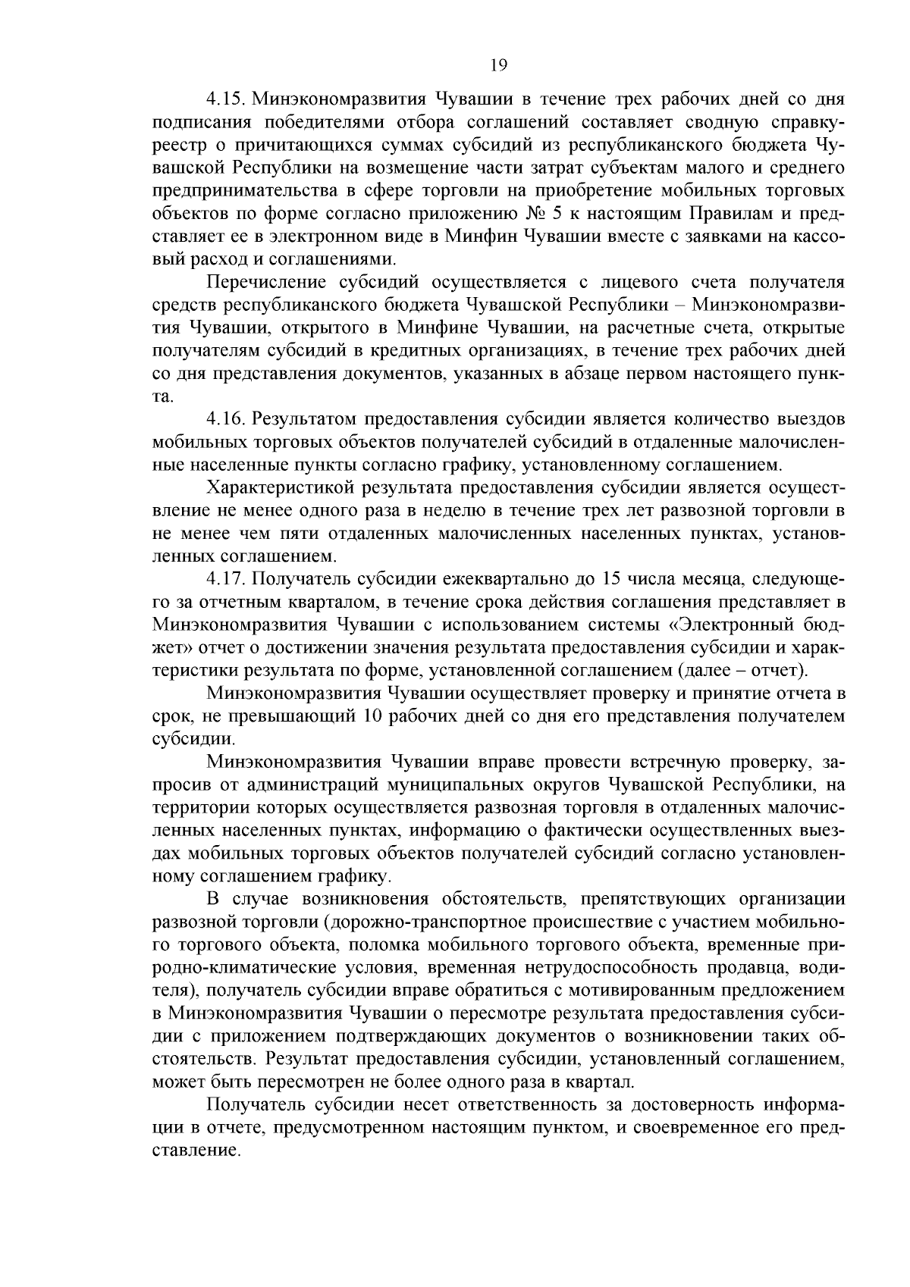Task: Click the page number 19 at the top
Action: [498, 64]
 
